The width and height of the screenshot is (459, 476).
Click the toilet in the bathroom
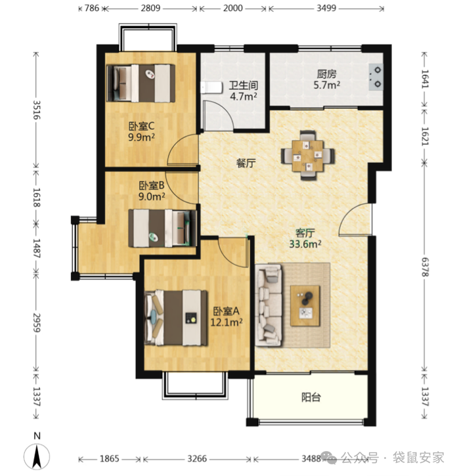[211, 87]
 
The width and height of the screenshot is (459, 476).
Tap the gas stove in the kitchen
[376, 77]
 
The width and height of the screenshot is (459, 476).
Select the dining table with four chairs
[308, 156]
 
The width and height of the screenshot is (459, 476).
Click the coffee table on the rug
[305, 306]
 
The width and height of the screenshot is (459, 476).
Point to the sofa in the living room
[269, 305]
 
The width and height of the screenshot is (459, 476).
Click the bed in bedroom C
[141, 83]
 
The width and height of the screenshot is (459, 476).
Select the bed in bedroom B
[162, 228]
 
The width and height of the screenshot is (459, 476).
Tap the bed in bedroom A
[176, 318]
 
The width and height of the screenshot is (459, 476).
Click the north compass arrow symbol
[37, 456]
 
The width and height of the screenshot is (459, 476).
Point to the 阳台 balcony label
[311, 397]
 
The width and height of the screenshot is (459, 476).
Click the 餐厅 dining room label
[246, 163]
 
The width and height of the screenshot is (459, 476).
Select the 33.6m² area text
[305, 244]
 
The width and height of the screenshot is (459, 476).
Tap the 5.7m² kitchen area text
[326, 85]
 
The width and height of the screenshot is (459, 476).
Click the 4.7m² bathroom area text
[244, 97]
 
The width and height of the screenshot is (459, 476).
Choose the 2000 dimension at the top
[233, 8]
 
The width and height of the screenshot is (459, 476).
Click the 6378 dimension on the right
[424, 267]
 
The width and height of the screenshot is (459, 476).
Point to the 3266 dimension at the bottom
[197, 458]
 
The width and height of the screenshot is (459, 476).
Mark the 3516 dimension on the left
[36, 110]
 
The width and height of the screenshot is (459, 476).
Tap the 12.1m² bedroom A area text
[227, 322]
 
